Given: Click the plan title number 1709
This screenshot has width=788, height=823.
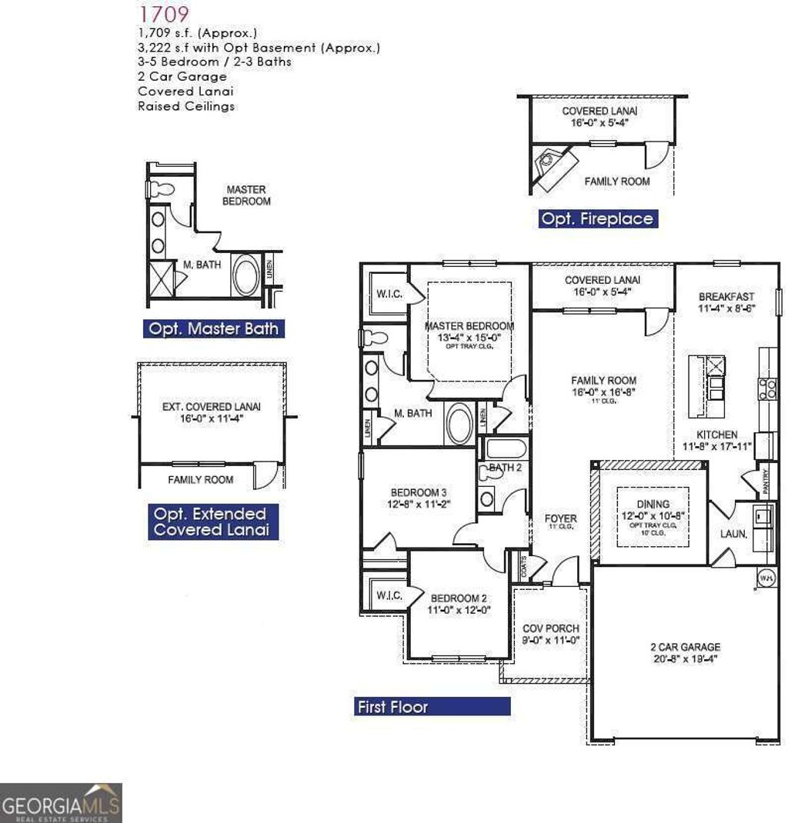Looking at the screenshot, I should pos(164,13).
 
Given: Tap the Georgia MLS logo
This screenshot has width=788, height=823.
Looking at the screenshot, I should pos(61,803).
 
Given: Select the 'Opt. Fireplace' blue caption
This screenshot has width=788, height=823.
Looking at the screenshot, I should pos(597,218).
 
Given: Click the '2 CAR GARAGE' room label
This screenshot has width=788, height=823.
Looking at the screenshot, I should pos(685,648).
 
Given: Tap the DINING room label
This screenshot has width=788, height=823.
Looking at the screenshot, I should pos(653,504).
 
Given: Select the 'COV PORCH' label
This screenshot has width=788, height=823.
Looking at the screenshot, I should pos(551,628).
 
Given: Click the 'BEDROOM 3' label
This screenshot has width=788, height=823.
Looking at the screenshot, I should pos(419,492).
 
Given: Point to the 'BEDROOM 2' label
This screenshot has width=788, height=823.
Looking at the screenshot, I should pos(459,598).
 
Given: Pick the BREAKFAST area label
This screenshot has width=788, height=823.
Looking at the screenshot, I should pos(726,296).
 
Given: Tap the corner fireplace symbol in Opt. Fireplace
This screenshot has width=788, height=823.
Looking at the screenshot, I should pos(556,164).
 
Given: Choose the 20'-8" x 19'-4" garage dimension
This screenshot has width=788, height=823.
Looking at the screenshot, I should pos(685,659).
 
